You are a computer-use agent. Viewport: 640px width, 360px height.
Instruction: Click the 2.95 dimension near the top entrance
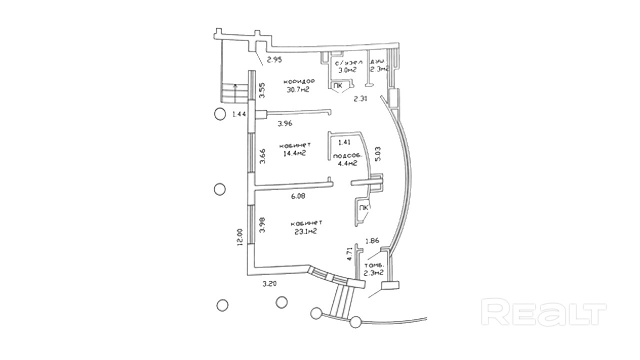pos(274,60)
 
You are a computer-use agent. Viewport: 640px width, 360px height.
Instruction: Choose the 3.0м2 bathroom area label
pos(346,70)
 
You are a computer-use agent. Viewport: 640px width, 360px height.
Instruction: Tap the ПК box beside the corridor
pos(338,86)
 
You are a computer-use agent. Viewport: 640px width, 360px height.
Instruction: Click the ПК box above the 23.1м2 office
pos(363,207)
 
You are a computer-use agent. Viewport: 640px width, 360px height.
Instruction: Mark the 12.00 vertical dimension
pos(240,237)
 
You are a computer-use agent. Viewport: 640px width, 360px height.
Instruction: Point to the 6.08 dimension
pos(298,196)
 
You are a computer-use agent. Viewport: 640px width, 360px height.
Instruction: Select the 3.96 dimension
pos(284,123)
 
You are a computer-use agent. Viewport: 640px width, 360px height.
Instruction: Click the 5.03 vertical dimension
pos(378,153)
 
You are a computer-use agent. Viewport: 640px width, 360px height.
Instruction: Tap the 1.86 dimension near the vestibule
pos(372,241)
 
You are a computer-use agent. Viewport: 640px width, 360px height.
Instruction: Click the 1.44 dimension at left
pos(239,114)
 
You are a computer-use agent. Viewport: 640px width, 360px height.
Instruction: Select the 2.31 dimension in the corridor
pos(360,98)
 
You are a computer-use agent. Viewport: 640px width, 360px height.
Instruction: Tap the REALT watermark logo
pos(543,312)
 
